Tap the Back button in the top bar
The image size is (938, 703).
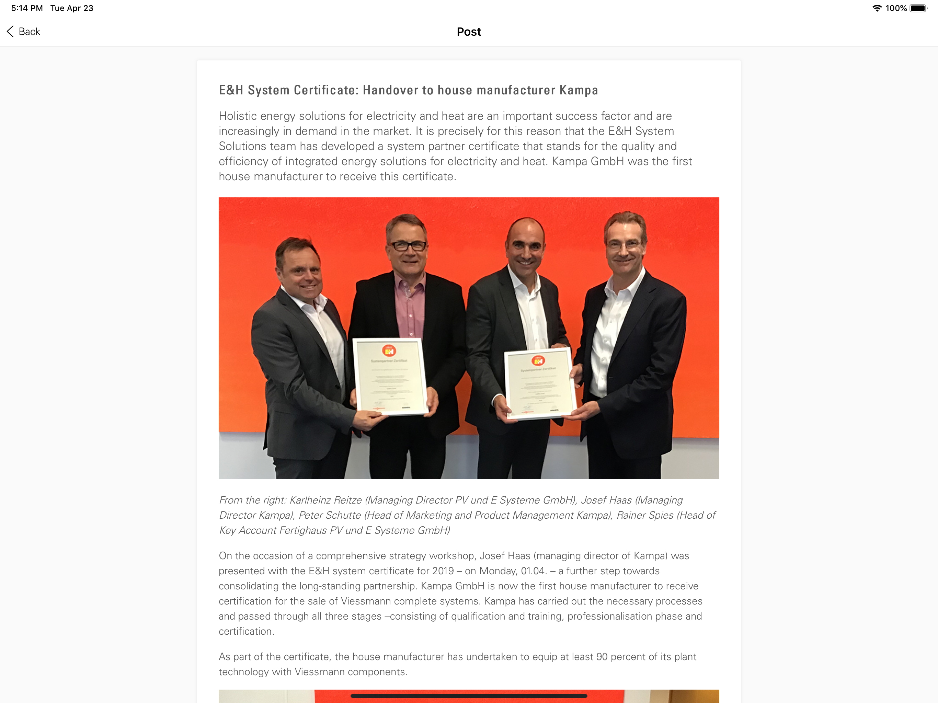coord(24,32)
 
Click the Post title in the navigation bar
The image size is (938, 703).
coord(469,32)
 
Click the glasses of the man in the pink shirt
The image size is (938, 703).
coord(408,245)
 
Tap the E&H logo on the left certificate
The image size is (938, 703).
coord(389,351)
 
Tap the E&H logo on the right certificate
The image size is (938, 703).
coord(538,361)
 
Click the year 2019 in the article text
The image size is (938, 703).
coord(443,571)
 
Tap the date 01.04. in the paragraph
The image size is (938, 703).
coord(534,571)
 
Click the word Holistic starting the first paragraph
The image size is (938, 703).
coord(238,116)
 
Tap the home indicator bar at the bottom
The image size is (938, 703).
coord(469,696)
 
